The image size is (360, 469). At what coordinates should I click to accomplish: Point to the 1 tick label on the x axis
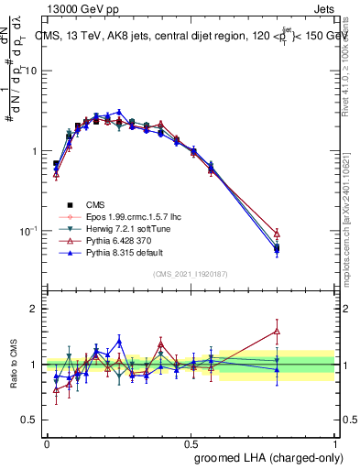334,442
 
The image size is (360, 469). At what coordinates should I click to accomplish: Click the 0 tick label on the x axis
46,442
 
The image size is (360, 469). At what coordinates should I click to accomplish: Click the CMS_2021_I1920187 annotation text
190,274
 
